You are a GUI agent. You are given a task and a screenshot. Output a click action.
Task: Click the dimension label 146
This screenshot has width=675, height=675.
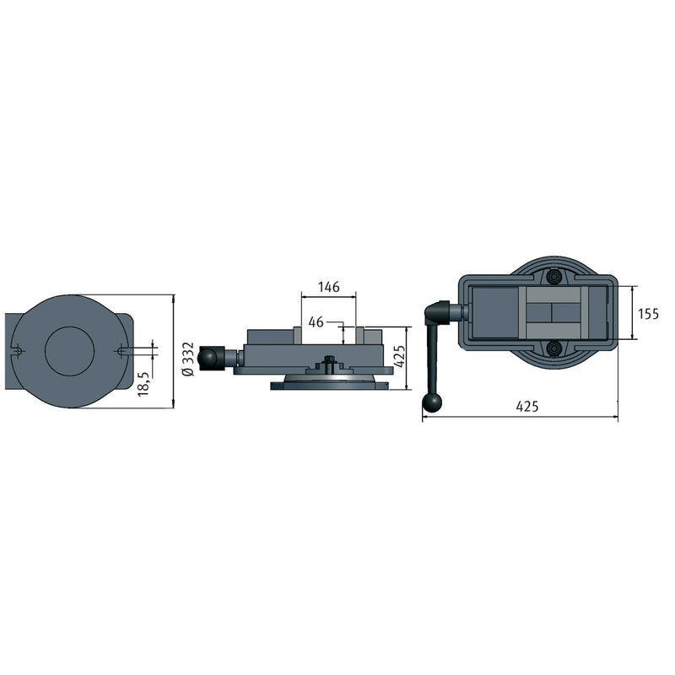click(328, 287)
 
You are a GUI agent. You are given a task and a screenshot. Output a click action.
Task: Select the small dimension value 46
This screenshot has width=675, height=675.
click(316, 321)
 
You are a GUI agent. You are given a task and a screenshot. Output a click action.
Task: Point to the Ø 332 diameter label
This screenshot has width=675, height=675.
click(188, 359)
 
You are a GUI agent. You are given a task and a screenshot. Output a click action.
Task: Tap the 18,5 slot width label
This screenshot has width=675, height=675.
click(143, 382)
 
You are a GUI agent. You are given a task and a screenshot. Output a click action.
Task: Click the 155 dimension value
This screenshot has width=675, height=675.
click(648, 314)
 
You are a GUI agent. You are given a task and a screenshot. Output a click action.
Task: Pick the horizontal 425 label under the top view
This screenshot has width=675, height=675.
click(526, 407)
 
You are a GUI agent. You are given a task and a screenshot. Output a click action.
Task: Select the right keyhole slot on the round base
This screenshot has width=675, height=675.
click(121, 351)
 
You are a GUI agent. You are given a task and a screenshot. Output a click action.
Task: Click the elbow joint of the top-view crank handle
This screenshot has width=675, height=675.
click(434, 314)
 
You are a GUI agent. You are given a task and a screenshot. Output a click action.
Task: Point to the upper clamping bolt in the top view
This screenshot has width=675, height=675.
click(553, 277)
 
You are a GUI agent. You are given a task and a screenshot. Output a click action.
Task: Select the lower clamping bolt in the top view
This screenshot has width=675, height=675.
click(553, 348)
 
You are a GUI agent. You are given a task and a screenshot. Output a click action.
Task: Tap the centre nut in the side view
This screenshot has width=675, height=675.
click(329, 364)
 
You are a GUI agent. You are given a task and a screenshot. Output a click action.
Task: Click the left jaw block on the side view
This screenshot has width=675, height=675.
click(298, 335)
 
